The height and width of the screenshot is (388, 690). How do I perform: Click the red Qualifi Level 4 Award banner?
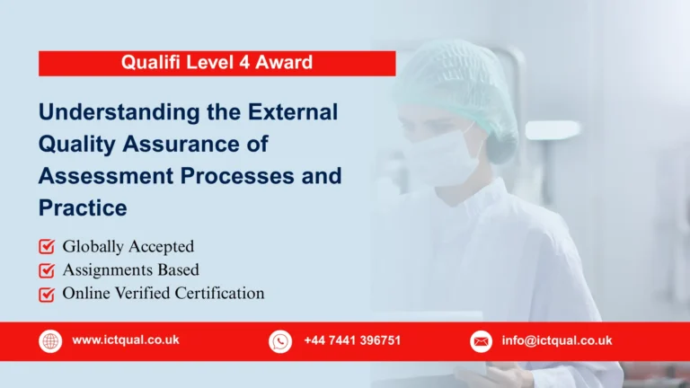(217, 63)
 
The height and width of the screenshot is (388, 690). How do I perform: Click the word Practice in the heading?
(83, 207)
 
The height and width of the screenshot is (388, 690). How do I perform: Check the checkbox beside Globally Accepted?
(46, 246)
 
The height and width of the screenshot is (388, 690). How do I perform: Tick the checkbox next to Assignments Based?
(46, 269)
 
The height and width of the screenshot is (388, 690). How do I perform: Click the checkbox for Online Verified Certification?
(46, 293)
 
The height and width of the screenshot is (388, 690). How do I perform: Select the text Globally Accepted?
(128, 246)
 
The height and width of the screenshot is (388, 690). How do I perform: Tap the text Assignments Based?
(130, 269)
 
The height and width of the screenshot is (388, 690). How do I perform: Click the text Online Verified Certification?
(163, 293)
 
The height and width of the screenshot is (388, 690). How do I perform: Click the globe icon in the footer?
(50, 341)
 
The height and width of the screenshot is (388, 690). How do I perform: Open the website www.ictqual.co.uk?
(125, 340)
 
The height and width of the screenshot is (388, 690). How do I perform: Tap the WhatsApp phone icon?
(280, 341)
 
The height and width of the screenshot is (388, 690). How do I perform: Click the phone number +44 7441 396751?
(352, 340)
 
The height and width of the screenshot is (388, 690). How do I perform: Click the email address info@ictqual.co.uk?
(556, 340)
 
